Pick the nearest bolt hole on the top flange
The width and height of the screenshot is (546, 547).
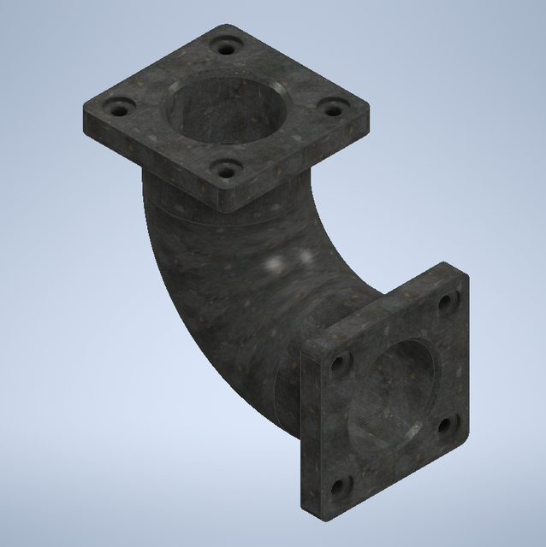tap(225, 171)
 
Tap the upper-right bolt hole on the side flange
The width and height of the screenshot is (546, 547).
tap(446, 301)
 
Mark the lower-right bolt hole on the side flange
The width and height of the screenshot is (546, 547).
tap(446, 423)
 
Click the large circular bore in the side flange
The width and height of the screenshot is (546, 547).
tap(395, 393)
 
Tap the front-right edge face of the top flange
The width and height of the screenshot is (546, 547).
tap(300, 171)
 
